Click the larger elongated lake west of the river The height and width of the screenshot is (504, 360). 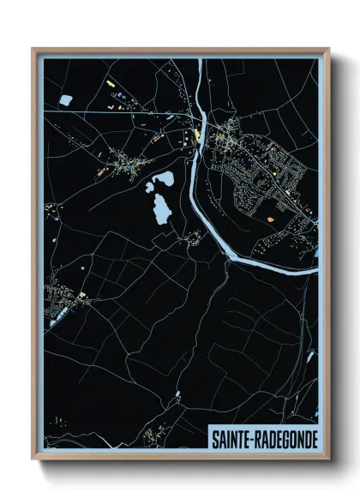coord(160,207)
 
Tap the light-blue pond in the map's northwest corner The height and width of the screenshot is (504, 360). coord(65,101)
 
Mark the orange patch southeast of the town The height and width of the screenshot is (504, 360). coord(272,219)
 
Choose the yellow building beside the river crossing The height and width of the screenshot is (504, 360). coord(198,133)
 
